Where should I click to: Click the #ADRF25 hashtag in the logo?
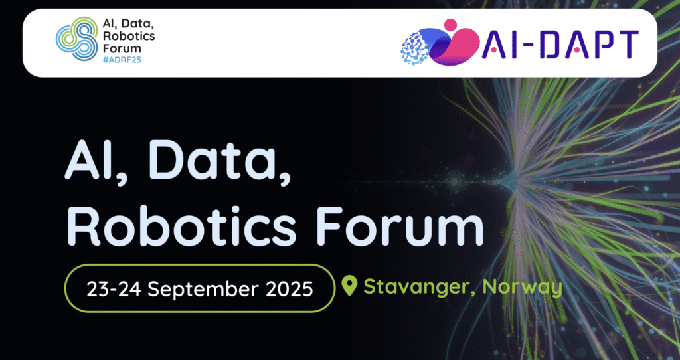[x=122, y=60]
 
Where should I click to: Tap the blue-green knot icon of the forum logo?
[x=76, y=39]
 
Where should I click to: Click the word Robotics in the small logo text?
[x=129, y=37]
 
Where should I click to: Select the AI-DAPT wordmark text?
[x=560, y=45]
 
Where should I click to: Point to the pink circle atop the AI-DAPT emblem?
[x=450, y=24]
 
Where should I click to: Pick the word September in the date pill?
[x=209, y=289]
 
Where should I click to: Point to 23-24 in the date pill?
[x=114, y=289]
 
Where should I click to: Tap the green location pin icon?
[x=349, y=286]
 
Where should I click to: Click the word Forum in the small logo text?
[x=116, y=48]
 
